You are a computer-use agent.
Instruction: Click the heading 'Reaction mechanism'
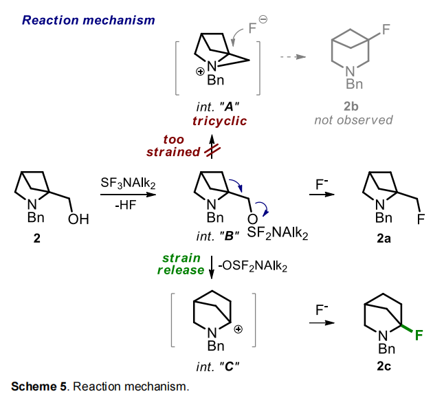pos(88,20)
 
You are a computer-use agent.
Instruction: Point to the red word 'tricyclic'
pos(219,121)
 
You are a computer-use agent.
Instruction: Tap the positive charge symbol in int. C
pos(238,330)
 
